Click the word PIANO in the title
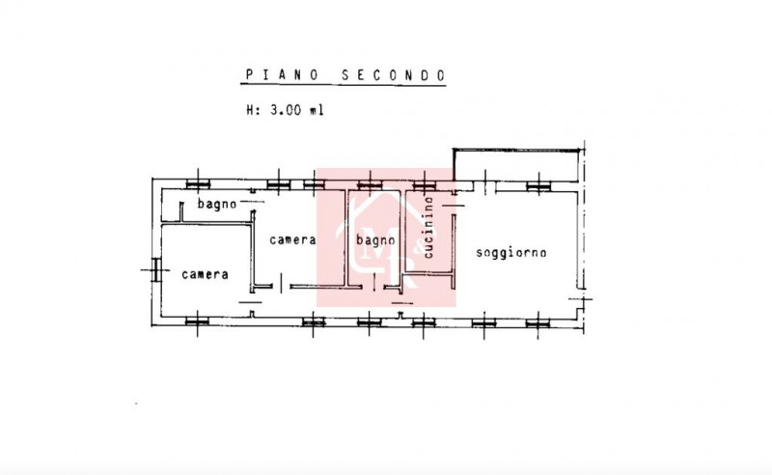click(x=282, y=75)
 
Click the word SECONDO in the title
click(x=394, y=75)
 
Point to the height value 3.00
click(x=286, y=109)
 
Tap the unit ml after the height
click(x=317, y=109)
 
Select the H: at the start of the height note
click(x=253, y=109)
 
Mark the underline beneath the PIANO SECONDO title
click(x=344, y=85)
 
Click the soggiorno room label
click(x=511, y=253)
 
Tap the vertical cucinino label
click(x=428, y=227)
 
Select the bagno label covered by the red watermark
click(x=375, y=240)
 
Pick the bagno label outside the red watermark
click(x=217, y=203)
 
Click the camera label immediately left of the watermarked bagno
click(x=292, y=240)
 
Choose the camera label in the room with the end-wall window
click(x=205, y=274)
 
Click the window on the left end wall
click(x=155, y=270)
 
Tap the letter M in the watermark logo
click(x=375, y=249)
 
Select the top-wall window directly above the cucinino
click(x=424, y=185)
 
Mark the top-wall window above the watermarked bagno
click(x=370, y=185)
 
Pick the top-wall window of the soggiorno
click(x=538, y=185)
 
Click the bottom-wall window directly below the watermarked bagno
click(x=370, y=322)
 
